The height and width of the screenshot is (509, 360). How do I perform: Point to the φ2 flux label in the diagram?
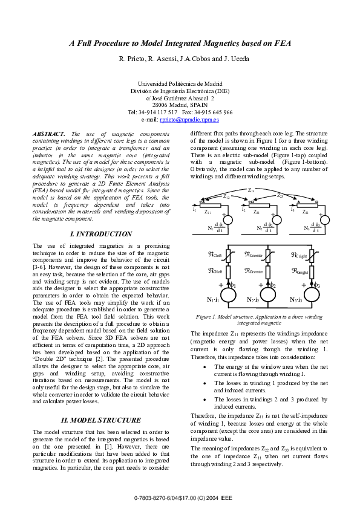click(272, 284)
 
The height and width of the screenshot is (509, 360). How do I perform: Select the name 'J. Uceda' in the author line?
click(236, 59)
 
